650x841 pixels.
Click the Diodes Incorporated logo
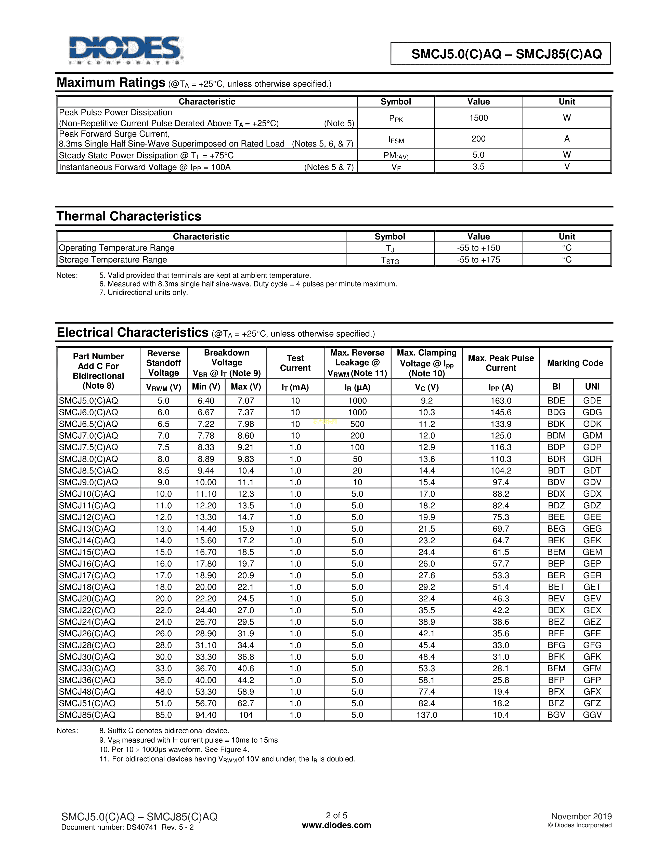125,50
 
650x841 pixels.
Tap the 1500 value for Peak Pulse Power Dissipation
478,118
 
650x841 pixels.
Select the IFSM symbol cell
396,139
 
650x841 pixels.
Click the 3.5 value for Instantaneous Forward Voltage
478,167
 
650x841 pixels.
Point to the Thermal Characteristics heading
129,216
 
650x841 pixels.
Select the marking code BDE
556,400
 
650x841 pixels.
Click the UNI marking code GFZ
592,703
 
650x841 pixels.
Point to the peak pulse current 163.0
501,400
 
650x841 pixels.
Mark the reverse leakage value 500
357,424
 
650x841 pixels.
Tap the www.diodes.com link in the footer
336,825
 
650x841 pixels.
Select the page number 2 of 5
336,815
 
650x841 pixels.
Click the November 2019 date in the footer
581,816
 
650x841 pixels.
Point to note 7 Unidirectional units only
144,293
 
